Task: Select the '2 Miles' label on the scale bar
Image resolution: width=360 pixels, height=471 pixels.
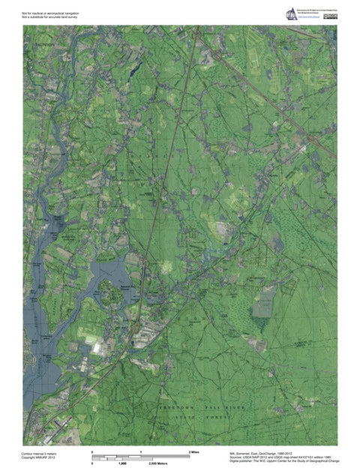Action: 194,452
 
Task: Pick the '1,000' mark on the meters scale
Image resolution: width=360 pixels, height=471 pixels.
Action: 121,464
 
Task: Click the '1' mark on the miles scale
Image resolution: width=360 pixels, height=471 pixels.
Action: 142,452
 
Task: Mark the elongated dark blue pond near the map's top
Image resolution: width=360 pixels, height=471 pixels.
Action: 134,67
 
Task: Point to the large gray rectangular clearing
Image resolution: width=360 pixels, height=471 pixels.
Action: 263,305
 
